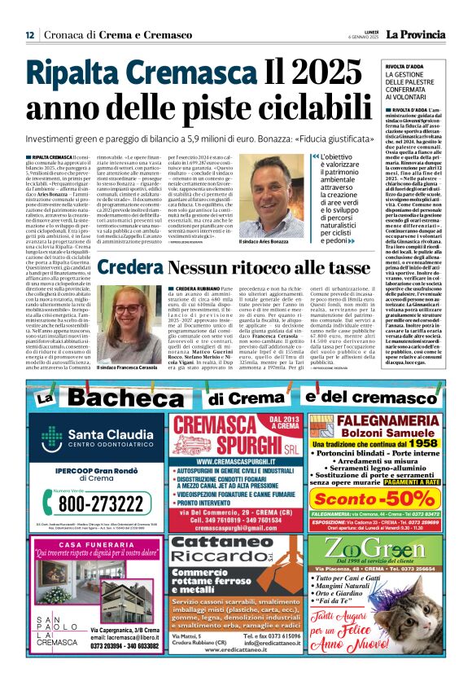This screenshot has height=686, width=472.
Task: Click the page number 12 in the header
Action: pyautogui.click(x=29, y=35)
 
